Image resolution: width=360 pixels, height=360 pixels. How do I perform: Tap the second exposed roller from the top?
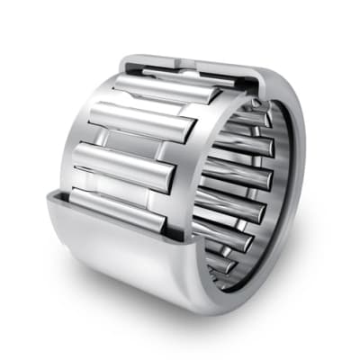(144, 121)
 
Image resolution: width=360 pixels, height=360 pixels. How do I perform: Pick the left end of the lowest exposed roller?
(76, 195)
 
